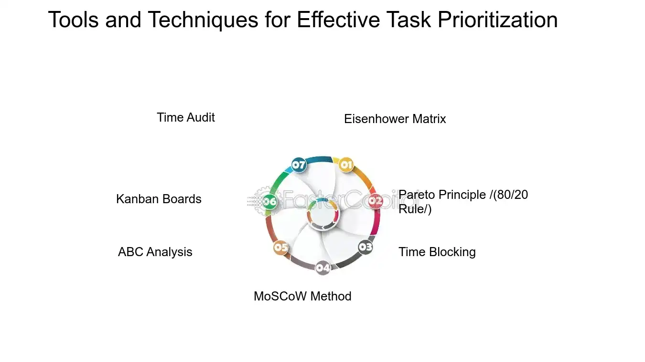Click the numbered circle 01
pos(346,165)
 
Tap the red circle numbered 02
pos(376,201)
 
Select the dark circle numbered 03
pos(365,247)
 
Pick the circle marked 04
pos(323,268)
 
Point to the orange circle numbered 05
pos(281,247)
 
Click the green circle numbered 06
pos(270,201)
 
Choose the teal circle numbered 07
pos(299,165)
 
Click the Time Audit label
pos(186,117)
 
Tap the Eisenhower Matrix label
pos(395,119)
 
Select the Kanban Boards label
pos(159,199)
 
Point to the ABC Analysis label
pos(155,252)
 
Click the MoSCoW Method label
pos(302,296)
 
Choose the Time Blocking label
pos(437,252)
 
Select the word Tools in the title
pos(73,20)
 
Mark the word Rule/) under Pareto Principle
pos(415,209)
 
